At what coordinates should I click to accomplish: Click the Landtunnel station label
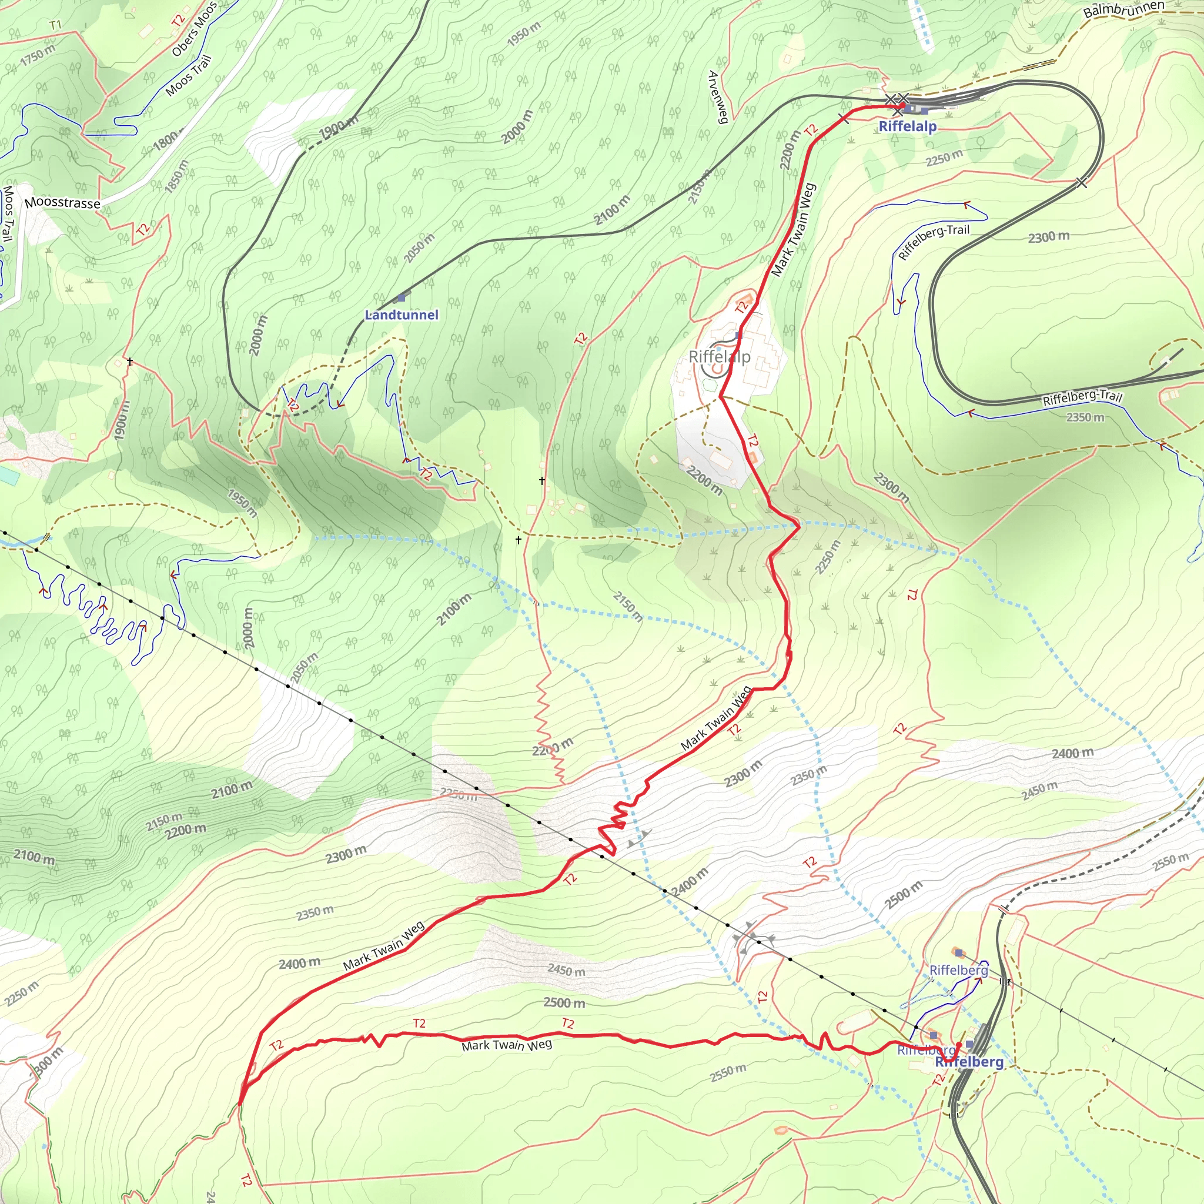tap(402, 315)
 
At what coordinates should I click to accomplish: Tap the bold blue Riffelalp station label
tap(907, 126)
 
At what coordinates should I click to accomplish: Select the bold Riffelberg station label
tap(969, 1061)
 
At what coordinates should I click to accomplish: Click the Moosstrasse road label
tap(62, 203)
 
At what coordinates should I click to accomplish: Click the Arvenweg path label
tap(718, 97)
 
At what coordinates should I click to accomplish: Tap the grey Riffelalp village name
tap(720, 357)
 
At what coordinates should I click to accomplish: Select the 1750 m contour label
tap(38, 55)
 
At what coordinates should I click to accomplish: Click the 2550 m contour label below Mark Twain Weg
tap(727, 1073)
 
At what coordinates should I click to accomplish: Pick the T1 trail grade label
tap(55, 25)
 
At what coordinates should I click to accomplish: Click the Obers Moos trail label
tap(194, 29)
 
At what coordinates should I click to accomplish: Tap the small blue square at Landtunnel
tap(402, 299)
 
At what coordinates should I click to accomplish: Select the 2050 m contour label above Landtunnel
tap(419, 248)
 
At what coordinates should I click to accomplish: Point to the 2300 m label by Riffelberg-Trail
tap(1048, 238)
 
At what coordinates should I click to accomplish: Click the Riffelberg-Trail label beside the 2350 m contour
tap(1082, 396)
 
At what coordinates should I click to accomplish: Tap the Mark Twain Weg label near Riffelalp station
tap(792, 230)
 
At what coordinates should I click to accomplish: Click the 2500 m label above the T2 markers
tap(564, 1003)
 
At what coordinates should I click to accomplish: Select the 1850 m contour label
tap(176, 176)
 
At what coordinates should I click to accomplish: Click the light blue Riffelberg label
tap(958, 970)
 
